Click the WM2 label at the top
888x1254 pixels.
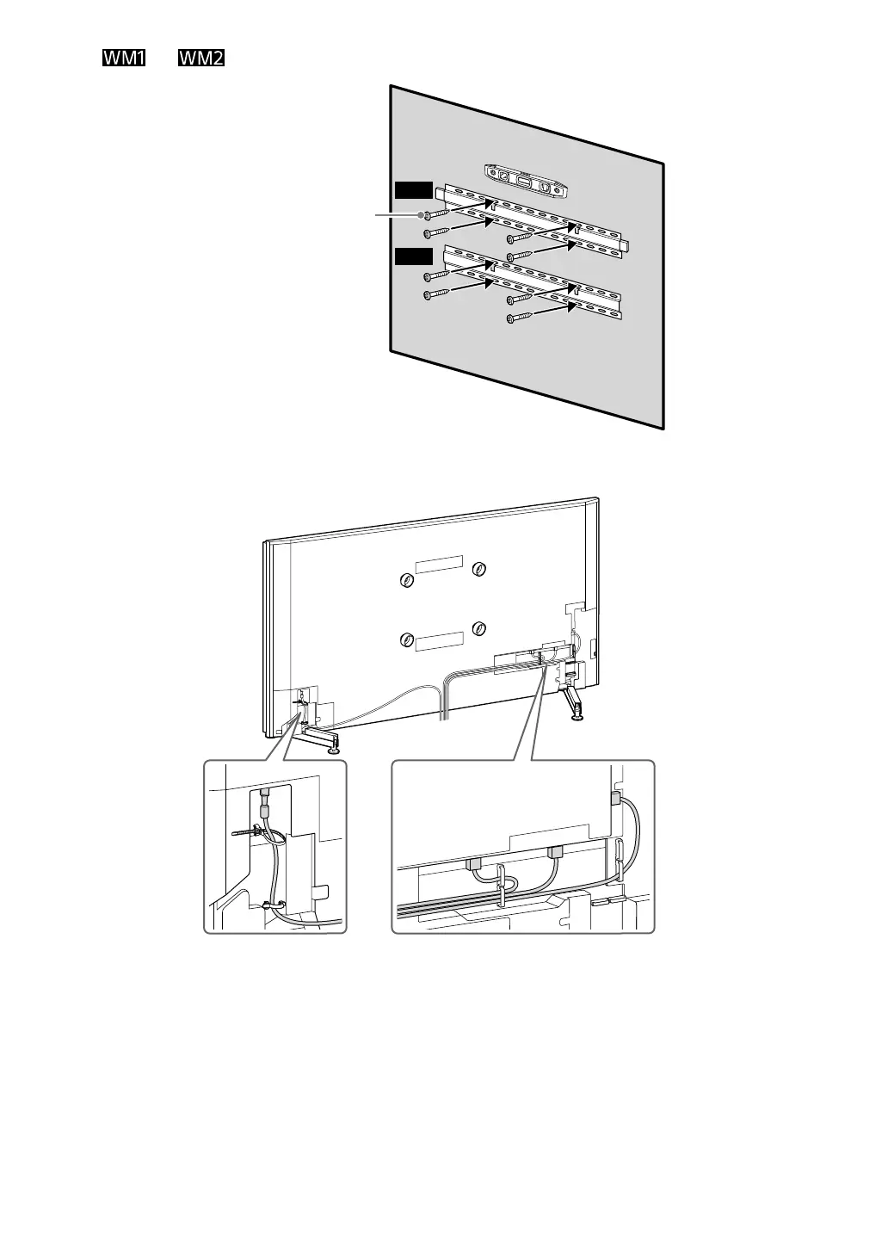[x=201, y=59]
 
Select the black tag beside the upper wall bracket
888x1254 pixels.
[x=413, y=190]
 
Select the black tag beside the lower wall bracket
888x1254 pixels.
[x=413, y=256]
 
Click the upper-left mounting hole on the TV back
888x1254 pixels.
[x=406, y=580]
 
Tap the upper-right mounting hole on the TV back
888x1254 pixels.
[x=479, y=568]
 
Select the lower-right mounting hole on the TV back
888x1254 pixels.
[x=479, y=627]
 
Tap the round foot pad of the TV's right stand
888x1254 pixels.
[x=577, y=716]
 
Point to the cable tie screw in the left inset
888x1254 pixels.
[x=245, y=832]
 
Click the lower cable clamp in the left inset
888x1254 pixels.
[x=268, y=905]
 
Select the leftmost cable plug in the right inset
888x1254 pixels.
[x=474, y=862]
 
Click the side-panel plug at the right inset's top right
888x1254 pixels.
[x=616, y=798]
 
